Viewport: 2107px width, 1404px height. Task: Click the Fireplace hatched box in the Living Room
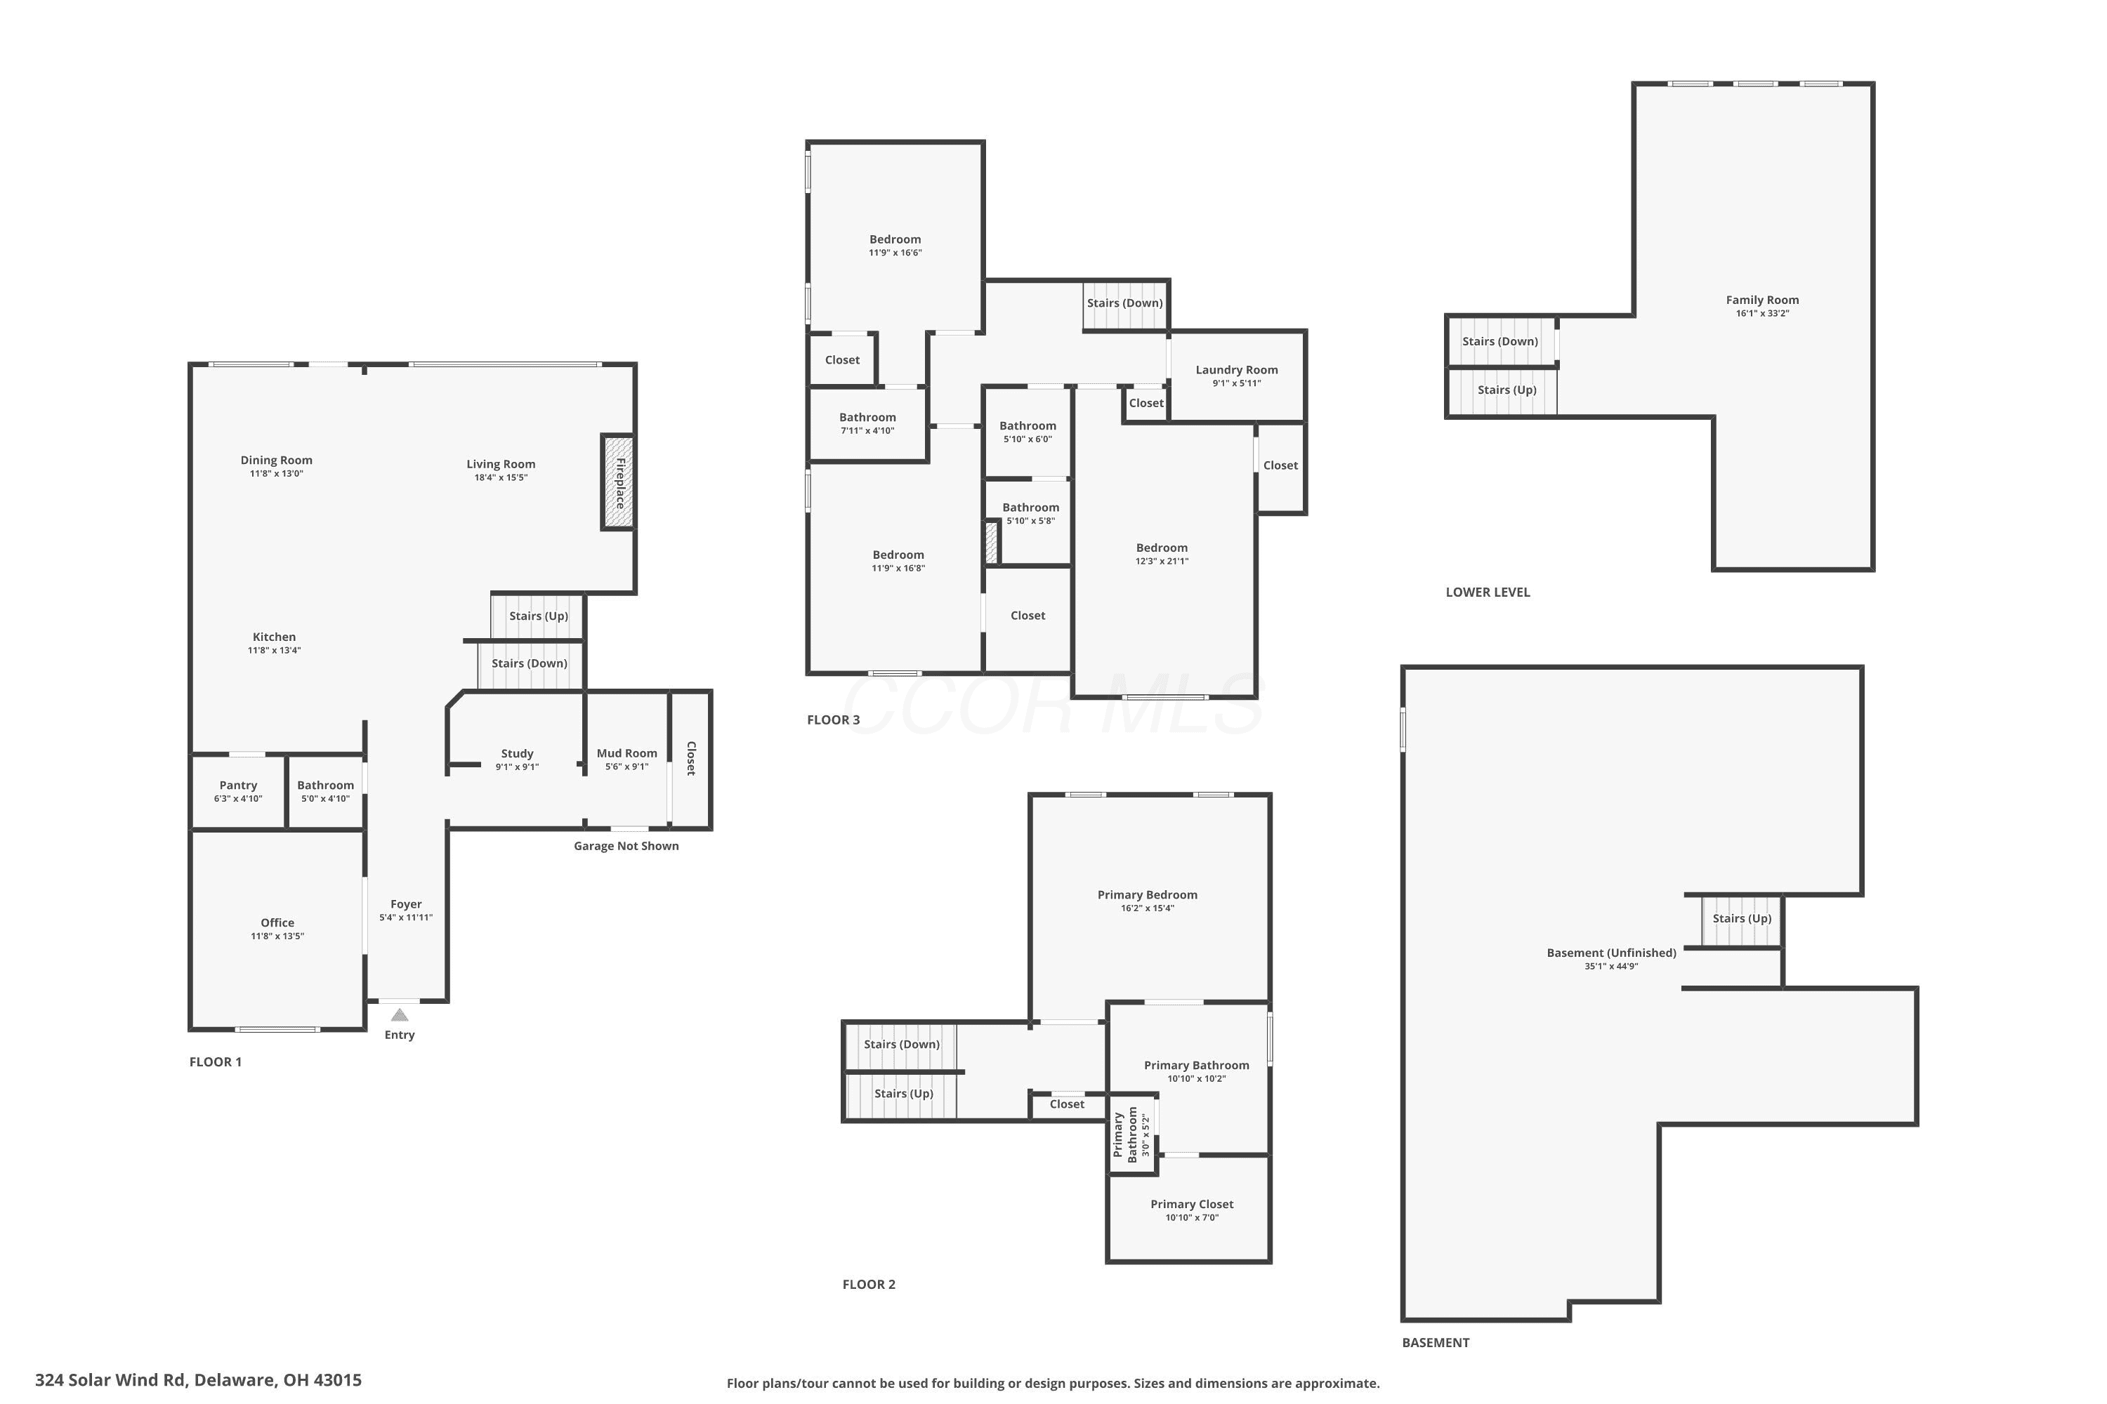click(x=618, y=482)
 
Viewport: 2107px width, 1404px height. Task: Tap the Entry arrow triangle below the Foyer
click(x=400, y=1014)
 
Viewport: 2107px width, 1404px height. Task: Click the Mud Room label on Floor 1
click(x=627, y=753)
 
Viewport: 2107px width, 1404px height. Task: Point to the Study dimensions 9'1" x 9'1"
click(x=517, y=767)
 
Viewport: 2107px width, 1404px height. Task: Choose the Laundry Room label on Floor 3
click(x=1236, y=370)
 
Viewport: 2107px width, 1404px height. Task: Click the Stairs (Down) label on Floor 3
click(x=1125, y=303)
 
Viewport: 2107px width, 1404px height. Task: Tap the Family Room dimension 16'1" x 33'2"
click(x=1762, y=313)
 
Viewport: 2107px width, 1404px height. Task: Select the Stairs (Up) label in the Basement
click(x=1742, y=919)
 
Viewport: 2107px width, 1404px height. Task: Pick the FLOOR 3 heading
click(x=833, y=720)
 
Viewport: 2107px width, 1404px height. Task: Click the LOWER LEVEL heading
click(x=1488, y=592)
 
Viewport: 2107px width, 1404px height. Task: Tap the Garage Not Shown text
click(x=626, y=846)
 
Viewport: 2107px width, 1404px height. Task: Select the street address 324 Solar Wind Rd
click(x=112, y=1380)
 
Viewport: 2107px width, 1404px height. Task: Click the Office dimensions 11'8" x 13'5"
click(x=277, y=936)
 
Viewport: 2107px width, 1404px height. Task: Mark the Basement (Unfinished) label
click(x=1612, y=953)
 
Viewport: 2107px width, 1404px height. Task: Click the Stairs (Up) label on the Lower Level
click(x=1507, y=390)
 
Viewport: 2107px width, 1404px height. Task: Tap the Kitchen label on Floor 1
click(x=274, y=637)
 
